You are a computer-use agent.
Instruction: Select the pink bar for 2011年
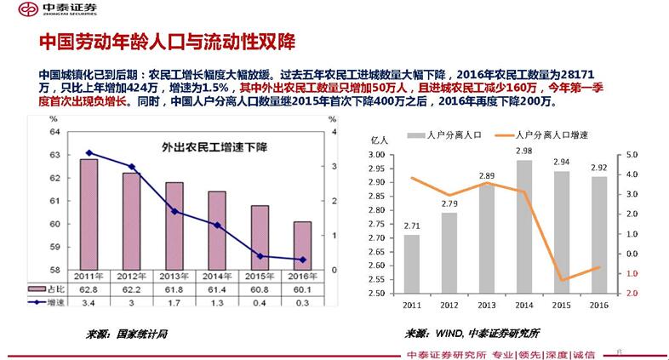[x=89, y=214]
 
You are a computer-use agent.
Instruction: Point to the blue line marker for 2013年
[x=174, y=210]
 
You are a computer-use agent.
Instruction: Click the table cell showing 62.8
[x=89, y=289]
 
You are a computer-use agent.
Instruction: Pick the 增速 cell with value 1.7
[x=174, y=301]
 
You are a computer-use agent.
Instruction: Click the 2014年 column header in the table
[x=217, y=277]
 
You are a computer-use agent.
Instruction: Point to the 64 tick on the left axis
[x=54, y=132]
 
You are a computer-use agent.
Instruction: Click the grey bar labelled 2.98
[x=524, y=226]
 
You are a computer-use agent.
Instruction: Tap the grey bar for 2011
[x=411, y=264]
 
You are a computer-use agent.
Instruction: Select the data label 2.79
[x=449, y=203]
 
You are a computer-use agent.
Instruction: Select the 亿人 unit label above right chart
[x=380, y=139]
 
